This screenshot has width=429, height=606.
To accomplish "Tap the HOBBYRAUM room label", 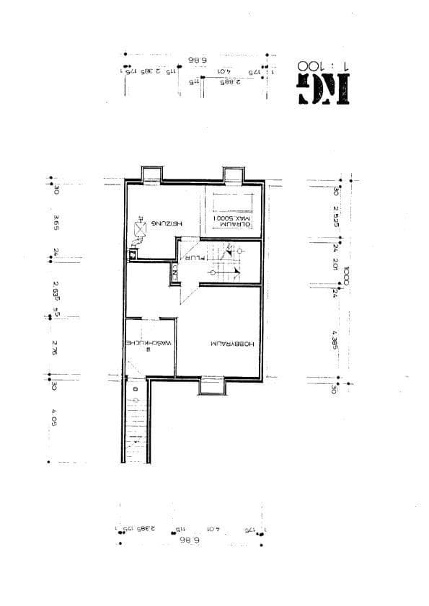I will tap(233, 344).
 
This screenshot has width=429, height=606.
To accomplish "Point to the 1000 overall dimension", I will tap(347, 277).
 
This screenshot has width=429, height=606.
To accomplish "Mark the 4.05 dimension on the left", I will tap(56, 419).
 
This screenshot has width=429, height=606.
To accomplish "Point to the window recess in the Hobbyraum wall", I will tap(212, 387).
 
